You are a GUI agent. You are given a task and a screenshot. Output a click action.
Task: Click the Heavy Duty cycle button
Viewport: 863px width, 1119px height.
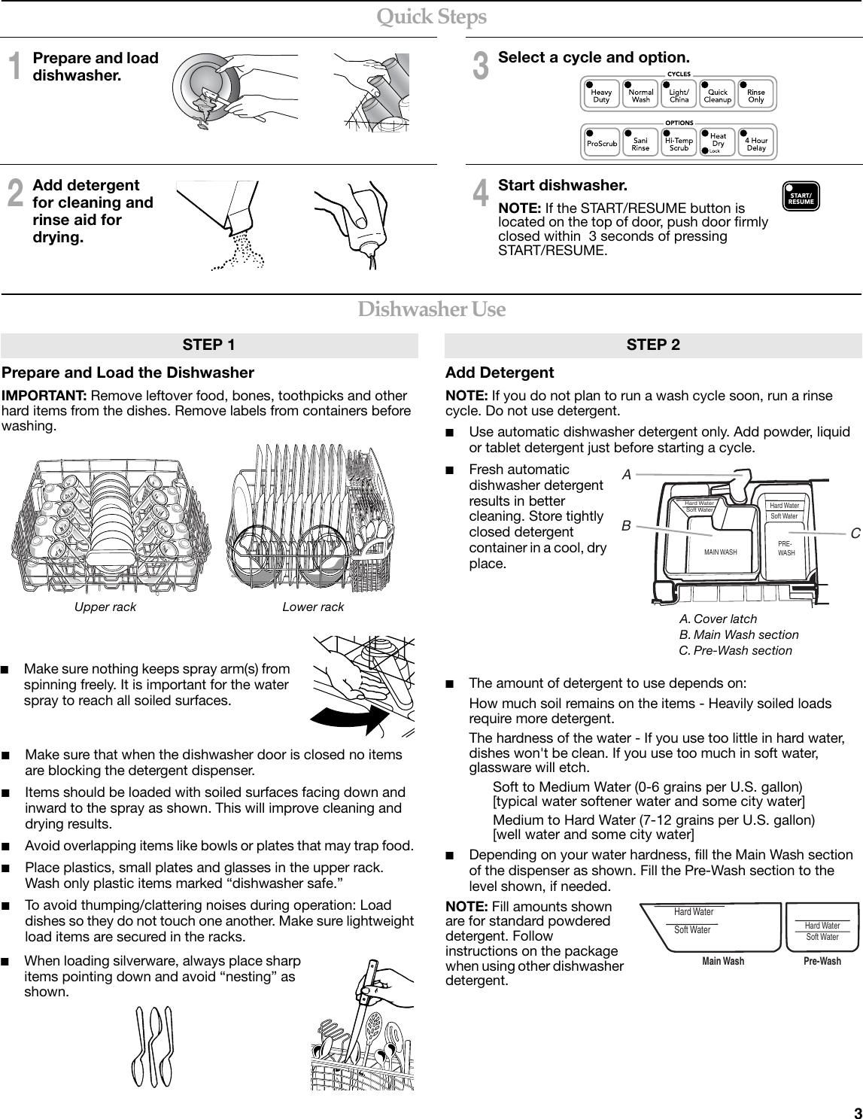[x=601, y=95]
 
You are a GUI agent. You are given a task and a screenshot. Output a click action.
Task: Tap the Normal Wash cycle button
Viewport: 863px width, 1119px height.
[x=640, y=95]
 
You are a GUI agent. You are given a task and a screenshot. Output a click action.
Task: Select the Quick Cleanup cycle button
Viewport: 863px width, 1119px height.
[x=717, y=95]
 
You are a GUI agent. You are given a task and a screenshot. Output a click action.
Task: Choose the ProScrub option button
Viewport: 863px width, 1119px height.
[x=601, y=142]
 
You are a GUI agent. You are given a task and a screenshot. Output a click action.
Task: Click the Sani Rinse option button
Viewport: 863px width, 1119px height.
[x=640, y=142]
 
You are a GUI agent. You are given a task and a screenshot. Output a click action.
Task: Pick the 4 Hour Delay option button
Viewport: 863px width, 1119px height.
[x=756, y=142]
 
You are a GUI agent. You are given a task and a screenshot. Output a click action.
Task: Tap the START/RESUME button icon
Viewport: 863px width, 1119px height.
[x=801, y=197]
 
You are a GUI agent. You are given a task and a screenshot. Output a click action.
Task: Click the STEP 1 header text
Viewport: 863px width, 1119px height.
[x=208, y=345]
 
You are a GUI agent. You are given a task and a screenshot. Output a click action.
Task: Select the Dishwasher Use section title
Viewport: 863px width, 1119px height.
[x=431, y=309]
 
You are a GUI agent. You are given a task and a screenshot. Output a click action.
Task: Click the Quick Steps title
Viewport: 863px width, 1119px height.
[x=431, y=16]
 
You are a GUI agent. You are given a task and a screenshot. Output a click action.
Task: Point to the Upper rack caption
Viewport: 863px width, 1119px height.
[x=105, y=607]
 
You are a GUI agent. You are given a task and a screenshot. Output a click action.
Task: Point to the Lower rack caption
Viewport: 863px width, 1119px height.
[x=313, y=607]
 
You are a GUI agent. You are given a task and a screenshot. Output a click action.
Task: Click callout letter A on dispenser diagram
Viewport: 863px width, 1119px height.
[x=626, y=475]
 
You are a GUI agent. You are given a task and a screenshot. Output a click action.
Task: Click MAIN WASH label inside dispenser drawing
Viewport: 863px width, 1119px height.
[x=720, y=552]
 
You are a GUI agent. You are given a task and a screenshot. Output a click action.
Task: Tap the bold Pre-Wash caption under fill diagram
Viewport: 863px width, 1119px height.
[x=822, y=961]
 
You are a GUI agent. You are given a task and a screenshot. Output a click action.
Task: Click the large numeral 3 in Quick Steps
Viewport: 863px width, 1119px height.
[x=479, y=66]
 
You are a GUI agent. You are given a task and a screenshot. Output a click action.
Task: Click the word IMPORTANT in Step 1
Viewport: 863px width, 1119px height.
[x=44, y=397]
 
